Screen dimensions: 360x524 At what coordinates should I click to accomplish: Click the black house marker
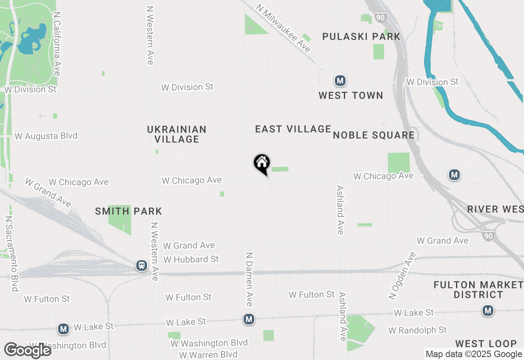[262, 164]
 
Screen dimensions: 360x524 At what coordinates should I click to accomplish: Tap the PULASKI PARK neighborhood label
[361, 37]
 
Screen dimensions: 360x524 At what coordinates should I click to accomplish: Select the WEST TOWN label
[351, 96]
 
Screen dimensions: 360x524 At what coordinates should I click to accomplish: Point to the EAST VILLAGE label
[293, 129]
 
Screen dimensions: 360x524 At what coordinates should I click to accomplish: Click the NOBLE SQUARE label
[374, 135]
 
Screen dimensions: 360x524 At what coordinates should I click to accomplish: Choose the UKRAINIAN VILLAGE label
[177, 134]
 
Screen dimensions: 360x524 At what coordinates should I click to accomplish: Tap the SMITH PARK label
[129, 211]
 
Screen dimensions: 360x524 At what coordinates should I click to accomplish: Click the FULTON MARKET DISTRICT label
[478, 290]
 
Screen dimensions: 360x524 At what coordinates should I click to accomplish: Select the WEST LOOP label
[486, 344]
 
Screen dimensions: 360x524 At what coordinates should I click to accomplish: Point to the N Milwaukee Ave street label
[283, 28]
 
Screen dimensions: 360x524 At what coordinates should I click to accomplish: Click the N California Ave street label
[57, 43]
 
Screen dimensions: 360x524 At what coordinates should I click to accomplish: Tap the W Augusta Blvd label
[46, 136]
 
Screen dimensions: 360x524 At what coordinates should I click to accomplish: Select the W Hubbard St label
[191, 259]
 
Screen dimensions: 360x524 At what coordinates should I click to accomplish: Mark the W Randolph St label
[418, 330]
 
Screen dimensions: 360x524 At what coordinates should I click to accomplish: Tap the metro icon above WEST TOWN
[339, 81]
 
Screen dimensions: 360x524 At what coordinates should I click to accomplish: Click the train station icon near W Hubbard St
[142, 266]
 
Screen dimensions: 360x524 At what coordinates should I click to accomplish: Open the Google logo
[27, 351]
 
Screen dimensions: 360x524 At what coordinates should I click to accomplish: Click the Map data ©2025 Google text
[474, 354]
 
